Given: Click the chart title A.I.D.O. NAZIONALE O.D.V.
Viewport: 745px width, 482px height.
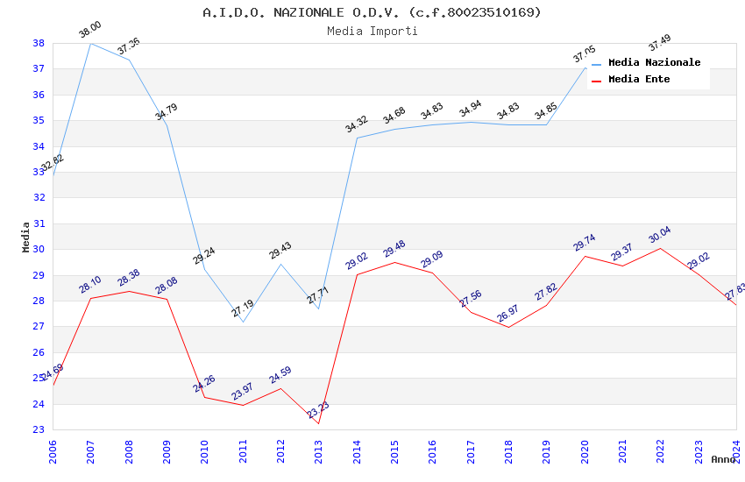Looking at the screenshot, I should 372,12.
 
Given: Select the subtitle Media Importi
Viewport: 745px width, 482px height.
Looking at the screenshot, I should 372,31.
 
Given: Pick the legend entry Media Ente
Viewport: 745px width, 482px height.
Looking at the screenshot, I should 639,79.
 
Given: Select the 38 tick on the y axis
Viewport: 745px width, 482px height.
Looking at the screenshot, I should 39,43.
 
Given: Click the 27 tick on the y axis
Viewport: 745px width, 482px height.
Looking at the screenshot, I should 39,327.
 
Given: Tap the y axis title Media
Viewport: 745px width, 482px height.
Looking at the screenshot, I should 26,237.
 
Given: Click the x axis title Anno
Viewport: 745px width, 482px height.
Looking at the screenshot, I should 723,459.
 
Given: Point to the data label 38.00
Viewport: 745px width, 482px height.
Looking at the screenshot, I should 89,30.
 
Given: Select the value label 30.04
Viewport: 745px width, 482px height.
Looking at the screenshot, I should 659,235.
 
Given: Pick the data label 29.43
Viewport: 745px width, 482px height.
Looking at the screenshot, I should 280,251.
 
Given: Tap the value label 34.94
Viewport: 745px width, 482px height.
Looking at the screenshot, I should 471,109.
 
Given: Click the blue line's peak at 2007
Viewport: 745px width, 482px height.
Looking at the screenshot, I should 91,43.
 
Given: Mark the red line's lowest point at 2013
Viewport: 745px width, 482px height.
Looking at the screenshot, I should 318,424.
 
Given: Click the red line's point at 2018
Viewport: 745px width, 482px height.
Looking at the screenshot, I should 508,327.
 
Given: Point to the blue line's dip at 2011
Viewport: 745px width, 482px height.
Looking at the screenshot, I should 243,322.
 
